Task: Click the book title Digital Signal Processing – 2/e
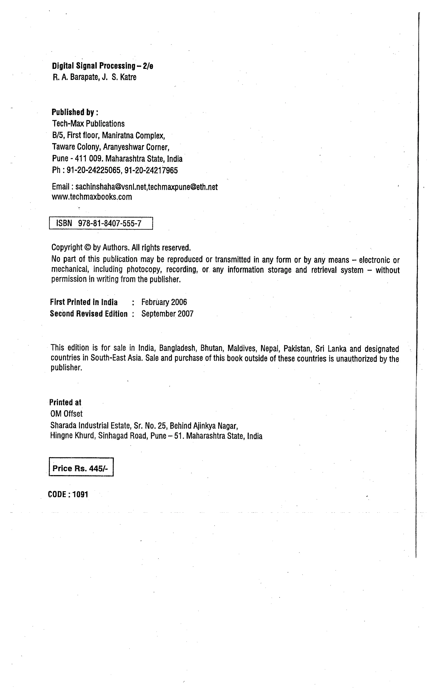102,66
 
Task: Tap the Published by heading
75,112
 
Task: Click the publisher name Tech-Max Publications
88,124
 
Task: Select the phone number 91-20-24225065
94,170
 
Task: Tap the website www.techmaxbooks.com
92,197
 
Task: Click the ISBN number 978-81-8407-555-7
110,224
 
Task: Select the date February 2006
164,302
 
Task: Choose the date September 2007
167,314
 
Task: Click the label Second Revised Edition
89,314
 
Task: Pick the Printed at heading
65,402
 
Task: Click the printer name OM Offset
66,414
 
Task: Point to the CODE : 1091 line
68,495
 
